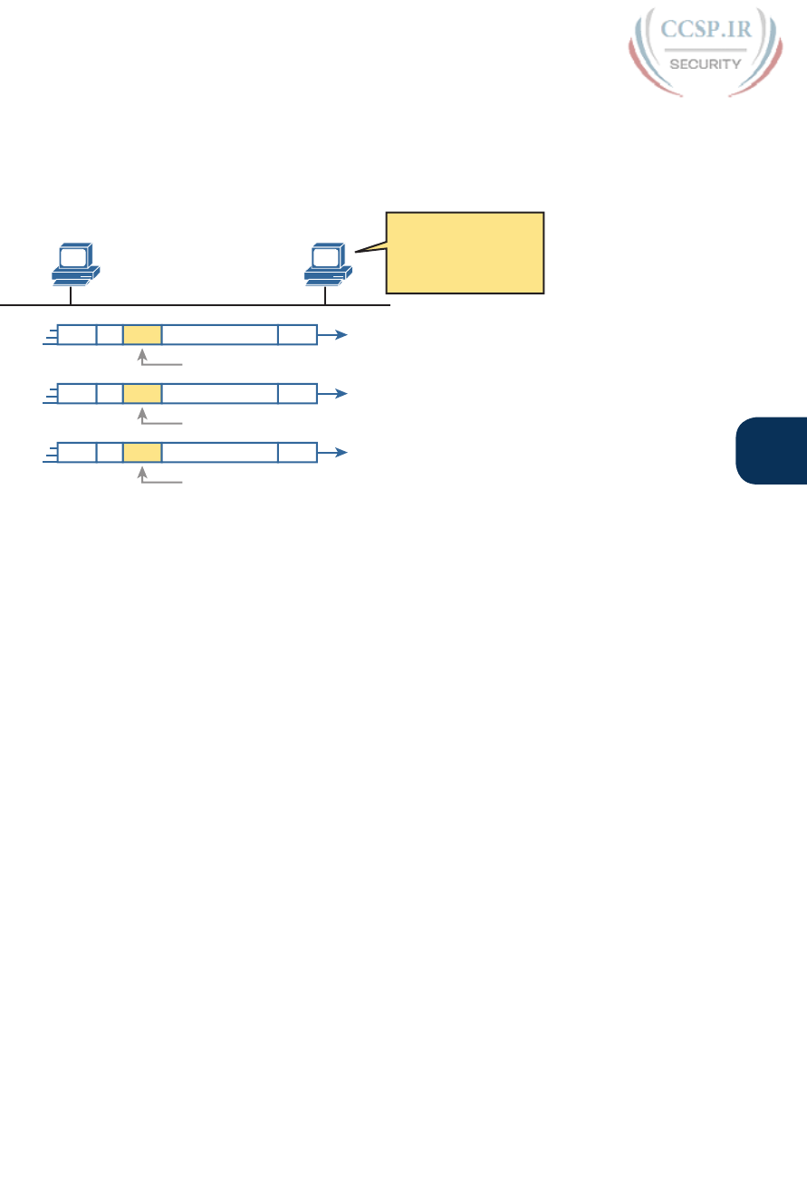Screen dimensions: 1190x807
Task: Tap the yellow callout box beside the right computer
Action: pyautogui.click(x=465, y=253)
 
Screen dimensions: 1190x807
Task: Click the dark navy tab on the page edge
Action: pyautogui.click(x=771, y=451)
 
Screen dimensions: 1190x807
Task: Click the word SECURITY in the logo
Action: pyautogui.click(x=704, y=63)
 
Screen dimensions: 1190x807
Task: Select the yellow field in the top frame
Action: pyautogui.click(x=142, y=335)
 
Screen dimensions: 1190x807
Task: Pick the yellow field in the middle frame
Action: pyautogui.click(x=142, y=394)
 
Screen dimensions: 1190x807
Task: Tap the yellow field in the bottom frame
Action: pyautogui.click(x=142, y=453)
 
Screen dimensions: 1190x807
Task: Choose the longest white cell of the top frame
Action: pyautogui.click(x=220, y=335)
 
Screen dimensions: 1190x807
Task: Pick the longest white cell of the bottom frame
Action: pyautogui.click(x=220, y=453)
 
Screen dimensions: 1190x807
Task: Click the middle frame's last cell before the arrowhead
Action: pyautogui.click(x=297, y=394)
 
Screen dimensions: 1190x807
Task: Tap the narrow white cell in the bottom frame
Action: pyautogui.click(x=110, y=453)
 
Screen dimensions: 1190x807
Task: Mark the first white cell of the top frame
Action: pyautogui.click(x=76, y=335)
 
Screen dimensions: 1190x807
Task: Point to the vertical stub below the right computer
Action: pyautogui.click(x=325, y=295)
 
